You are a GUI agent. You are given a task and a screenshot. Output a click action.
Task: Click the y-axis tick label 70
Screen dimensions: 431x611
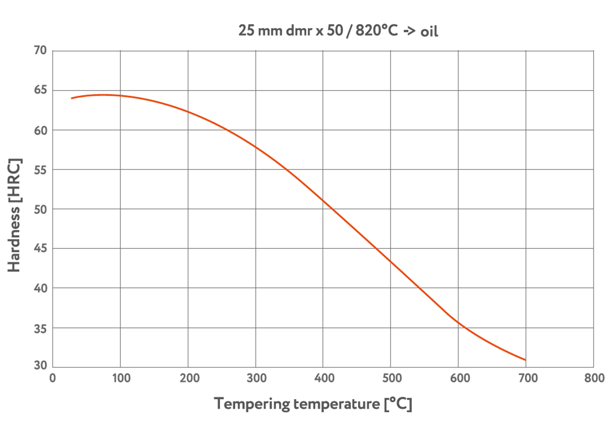(40, 50)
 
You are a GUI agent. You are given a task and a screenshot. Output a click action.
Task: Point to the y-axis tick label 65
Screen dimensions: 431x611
(40, 90)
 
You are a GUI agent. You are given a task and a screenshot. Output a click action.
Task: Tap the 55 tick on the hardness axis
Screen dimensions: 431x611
(40, 170)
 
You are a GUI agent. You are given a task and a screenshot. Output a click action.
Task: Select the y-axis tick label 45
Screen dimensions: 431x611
(40, 248)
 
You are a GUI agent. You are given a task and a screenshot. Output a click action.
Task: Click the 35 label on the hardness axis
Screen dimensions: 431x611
(40, 329)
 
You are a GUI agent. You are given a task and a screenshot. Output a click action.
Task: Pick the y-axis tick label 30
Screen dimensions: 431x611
(40, 365)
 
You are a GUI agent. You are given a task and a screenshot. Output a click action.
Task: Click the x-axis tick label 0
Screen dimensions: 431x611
(52, 378)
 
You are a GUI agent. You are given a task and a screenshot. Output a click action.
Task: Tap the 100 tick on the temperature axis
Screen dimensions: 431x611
(121, 378)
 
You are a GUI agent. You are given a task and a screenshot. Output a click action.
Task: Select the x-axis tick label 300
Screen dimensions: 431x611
(256, 378)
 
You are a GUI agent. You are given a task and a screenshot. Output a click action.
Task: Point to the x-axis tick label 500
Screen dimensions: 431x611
(392, 378)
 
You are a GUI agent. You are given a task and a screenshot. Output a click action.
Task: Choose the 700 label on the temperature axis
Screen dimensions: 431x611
(528, 378)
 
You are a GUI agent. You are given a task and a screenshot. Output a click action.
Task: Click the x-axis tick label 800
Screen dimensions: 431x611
(594, 378)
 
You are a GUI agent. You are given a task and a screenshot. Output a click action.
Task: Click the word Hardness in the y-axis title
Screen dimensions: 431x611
(14, 239)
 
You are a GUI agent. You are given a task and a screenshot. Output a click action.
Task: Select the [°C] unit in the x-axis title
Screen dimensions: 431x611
(398, 404)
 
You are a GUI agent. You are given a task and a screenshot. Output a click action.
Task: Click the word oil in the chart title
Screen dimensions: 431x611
(429, 32)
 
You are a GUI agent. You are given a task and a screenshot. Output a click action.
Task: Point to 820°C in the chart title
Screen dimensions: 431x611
(376, 30)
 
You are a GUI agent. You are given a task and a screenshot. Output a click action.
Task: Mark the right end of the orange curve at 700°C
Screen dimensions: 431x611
(525, 360)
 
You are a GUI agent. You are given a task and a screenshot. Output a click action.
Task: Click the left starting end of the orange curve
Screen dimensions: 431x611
(72, 98)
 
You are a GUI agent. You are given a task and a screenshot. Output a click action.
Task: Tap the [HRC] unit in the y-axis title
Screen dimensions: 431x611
(14, 181)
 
